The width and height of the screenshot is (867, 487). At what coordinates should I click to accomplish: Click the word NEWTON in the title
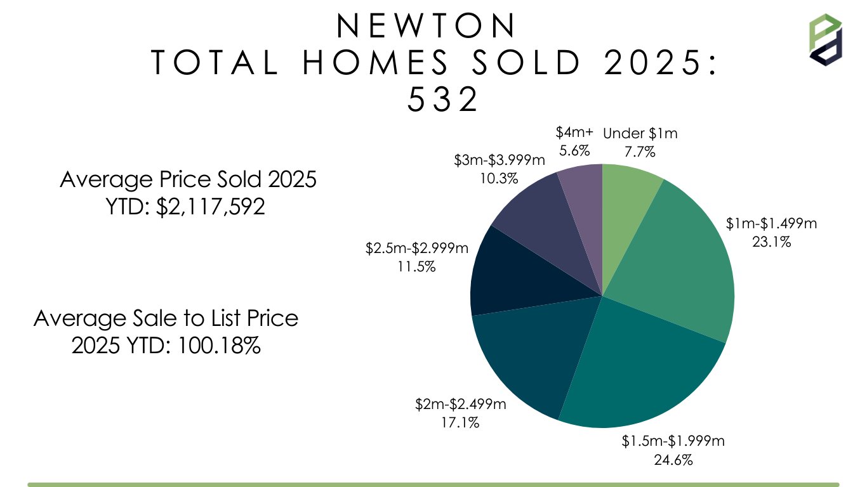tap(427, 26)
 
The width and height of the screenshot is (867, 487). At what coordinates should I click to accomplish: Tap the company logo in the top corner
tap(825, 39)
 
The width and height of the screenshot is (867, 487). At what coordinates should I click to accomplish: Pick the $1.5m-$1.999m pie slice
tap(641, 368)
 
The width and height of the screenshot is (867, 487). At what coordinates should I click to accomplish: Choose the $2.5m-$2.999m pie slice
tap(505, 273)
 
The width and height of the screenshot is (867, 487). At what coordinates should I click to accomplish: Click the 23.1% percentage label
tap(771, 241)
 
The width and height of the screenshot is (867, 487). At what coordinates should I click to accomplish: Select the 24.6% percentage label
tap(673, 458)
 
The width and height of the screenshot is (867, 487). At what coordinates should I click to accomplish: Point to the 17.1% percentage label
tap(460, 422)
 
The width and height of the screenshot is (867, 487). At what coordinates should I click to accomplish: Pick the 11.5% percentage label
tap(416, 266)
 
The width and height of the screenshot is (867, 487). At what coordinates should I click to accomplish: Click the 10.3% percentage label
tap(499, 178)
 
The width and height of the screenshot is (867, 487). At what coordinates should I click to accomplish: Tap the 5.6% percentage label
tap(574, 150)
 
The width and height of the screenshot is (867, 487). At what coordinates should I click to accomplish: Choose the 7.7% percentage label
tap(640, 152)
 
